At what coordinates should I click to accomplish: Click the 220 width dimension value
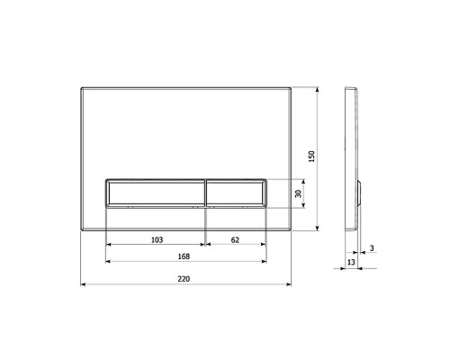point(184,279)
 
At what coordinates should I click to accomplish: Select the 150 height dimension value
point(311,157)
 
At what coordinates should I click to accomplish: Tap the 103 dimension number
point(157,239)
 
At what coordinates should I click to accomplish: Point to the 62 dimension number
point(235,239)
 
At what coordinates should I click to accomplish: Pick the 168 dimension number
point(184,256)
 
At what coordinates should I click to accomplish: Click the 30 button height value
point(298,193)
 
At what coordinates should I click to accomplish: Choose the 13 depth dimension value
point(351,262)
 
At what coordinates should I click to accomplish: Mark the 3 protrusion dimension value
point(372,248)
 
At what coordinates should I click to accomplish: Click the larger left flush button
point(156,193)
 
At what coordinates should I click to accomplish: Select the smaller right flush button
point(236,193)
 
